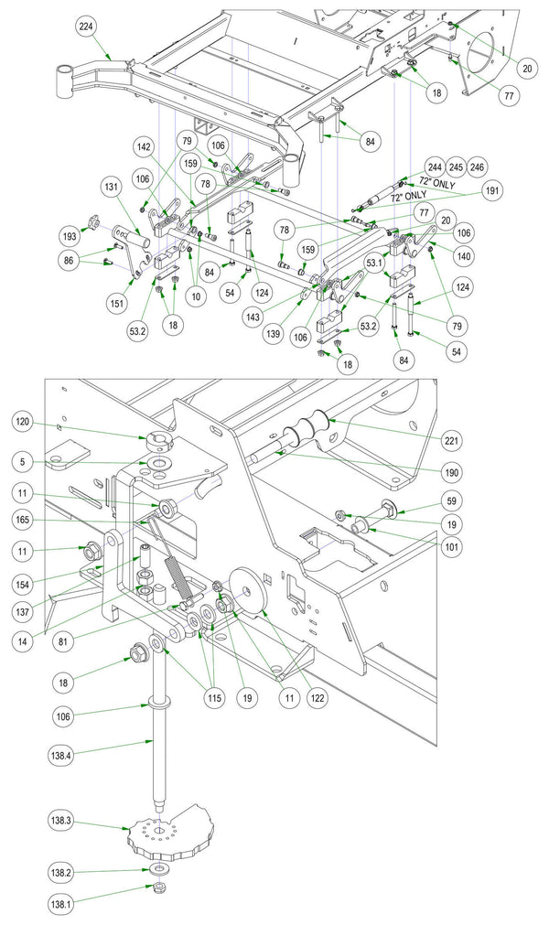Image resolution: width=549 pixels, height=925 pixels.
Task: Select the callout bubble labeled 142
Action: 144,145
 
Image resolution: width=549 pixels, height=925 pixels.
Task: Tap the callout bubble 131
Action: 112,187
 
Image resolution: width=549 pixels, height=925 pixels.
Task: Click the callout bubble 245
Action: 456,167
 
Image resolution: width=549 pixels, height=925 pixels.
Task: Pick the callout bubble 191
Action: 491,190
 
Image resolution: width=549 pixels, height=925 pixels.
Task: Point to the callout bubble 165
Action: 23,520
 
